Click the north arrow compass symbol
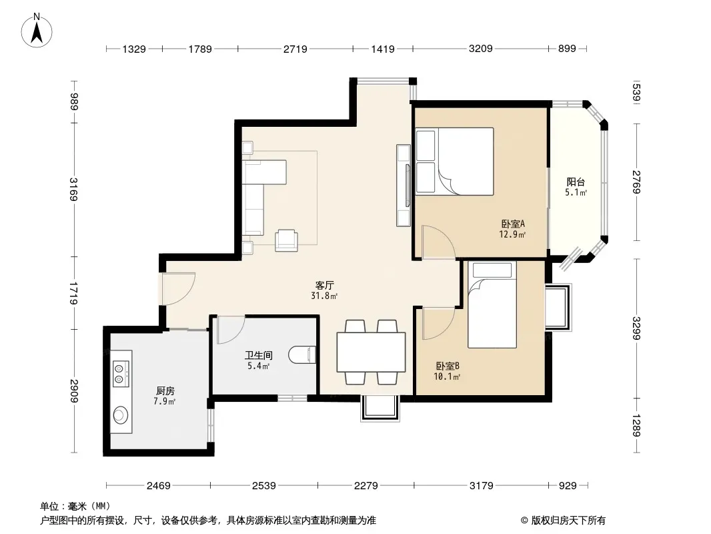36,30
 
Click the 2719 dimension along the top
295,49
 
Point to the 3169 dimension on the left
74,189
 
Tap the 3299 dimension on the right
637,328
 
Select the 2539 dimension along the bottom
264,485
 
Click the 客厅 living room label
325,286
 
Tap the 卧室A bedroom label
513,224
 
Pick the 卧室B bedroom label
448,366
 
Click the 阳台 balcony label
576,182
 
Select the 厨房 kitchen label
165,390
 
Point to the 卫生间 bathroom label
259,355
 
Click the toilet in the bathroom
302,355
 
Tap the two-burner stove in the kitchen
121,374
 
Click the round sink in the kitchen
121,415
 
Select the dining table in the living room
371,352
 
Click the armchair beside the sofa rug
287,240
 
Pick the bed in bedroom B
492,304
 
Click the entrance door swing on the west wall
179,289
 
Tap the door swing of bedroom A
438,243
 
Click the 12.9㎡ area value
512,234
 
